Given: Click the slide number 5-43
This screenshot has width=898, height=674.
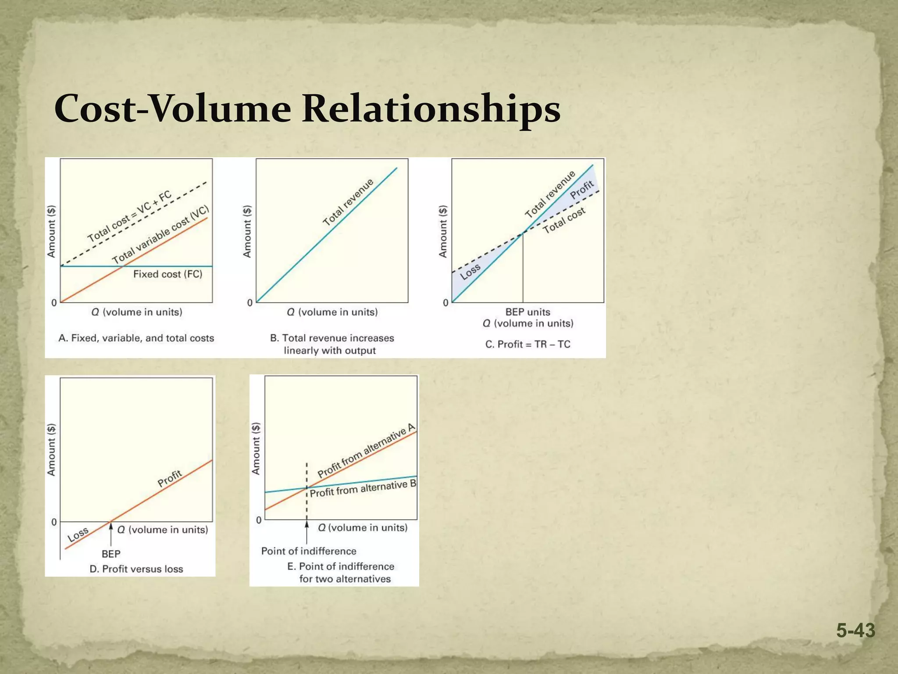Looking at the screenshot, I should click(855, 631).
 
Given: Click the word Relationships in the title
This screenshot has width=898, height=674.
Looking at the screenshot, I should click(431, 108).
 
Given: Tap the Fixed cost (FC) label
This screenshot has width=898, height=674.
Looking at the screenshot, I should click(167, 274).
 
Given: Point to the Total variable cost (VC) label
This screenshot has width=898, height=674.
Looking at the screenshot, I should click(160, 234).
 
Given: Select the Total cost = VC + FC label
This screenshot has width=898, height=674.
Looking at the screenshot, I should click(129, 217).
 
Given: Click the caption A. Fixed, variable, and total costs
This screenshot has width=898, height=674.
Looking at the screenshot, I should click(136, 338).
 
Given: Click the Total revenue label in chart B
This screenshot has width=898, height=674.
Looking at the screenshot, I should click(348, 202).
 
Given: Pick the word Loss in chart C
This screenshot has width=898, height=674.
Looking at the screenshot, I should click(470, 272).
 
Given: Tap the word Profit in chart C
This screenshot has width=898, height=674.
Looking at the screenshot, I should click(582, 190).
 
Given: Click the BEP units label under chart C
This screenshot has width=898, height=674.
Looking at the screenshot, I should click(527, 312).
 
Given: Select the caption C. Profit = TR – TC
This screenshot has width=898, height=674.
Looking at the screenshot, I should click(527, 344).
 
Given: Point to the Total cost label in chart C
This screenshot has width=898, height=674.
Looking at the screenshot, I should click(564, 220).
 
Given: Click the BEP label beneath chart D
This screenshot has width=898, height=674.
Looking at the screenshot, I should click(111, 554).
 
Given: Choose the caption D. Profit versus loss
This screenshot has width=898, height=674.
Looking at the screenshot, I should click(136, 569).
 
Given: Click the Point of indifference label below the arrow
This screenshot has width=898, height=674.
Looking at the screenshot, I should click(309, 551).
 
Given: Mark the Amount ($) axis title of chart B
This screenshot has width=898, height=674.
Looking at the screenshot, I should click(247, 231).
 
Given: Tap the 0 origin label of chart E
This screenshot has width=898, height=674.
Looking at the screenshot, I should click(259, 520).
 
